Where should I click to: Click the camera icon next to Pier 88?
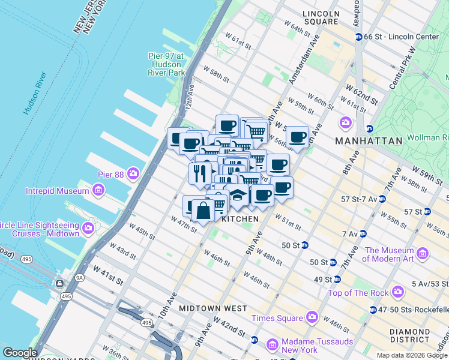(x=132, y=175)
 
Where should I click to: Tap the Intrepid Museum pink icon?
(x=98, y=191)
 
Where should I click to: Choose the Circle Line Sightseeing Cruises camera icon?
(x=88, y=228)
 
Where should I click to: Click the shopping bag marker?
(x=203, y=211)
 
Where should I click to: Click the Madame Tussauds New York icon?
(x=273, y=344)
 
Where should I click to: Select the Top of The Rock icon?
(x=397, y=293)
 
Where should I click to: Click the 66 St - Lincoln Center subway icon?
(x=359, y=37)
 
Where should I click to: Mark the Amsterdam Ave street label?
(x=301, y=64)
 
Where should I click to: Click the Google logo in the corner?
(x=20, y=353)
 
